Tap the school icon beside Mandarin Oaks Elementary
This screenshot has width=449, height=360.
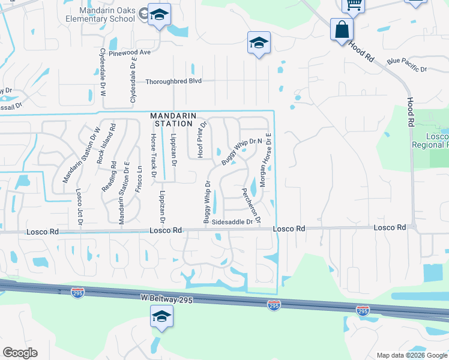click(159, 15)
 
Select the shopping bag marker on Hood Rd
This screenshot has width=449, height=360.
click(342, 29)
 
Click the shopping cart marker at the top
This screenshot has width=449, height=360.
click(354, 4)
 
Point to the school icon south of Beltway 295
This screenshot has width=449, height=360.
click(161, 316)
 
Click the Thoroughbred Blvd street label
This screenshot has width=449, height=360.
click(174, 81)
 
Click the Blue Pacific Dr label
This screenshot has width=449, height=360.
click(407, 61)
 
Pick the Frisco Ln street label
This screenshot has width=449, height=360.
click(140, 178)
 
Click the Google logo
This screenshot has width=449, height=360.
click(20, 353)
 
